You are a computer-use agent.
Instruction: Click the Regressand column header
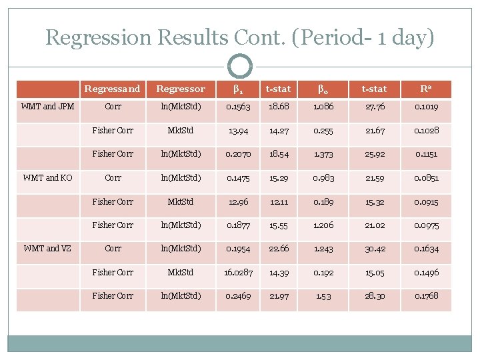tap(112, 89)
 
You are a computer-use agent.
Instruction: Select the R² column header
tap(426, 89)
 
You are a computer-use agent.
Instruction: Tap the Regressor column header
tap(180, 89)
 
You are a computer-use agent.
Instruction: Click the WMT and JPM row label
tap(48, 106)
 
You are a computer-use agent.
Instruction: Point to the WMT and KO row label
tap(48, 177)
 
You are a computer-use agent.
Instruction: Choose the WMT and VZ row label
tap(48, 248)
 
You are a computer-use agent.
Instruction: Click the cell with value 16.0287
tap(238, 272)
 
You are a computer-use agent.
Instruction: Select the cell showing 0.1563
tap(238, 106)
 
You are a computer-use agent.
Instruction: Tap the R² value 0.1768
tap(426, 295)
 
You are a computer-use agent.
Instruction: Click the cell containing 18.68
tap(278, 106)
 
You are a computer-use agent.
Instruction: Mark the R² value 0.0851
tap(426, 177)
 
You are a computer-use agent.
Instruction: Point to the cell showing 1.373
tap(324, 153)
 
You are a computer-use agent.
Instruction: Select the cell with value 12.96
tap(238, 201)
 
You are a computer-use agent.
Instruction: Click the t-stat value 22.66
tap(278, 248)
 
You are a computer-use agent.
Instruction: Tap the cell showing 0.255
tap(324, 130)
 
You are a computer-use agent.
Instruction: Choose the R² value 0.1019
tap(426, 106)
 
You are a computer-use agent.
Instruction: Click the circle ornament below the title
tap(240, 66)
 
